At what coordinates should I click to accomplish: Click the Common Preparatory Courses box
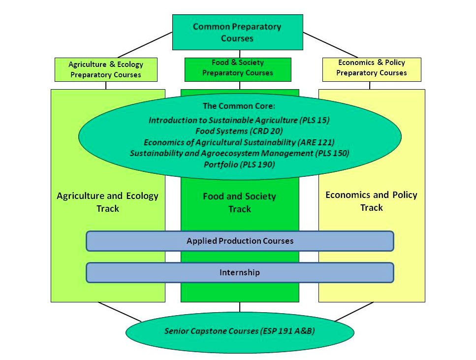[237, 32]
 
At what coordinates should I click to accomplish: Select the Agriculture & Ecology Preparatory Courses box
[106, 69]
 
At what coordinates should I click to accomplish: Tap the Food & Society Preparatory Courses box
[238, 68]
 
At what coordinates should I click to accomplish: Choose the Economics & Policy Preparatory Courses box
[372, 68]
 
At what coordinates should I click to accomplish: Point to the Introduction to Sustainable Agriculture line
[239, 120]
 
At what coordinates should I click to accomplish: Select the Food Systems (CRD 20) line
[239, 131]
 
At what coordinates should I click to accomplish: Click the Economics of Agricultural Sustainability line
[239, 142]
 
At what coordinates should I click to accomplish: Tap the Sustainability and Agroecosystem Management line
[239, 153]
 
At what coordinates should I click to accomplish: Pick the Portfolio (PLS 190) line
[239, 164]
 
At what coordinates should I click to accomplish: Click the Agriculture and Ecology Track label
[108, 202]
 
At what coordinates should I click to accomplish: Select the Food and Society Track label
[240, 202]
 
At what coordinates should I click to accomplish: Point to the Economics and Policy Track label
[371, 201]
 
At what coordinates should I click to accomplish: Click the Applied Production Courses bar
[240, 241]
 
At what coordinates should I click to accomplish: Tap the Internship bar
[240, 272]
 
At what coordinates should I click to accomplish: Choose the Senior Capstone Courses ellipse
[240, 331]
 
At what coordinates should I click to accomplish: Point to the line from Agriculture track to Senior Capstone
[120, 312]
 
